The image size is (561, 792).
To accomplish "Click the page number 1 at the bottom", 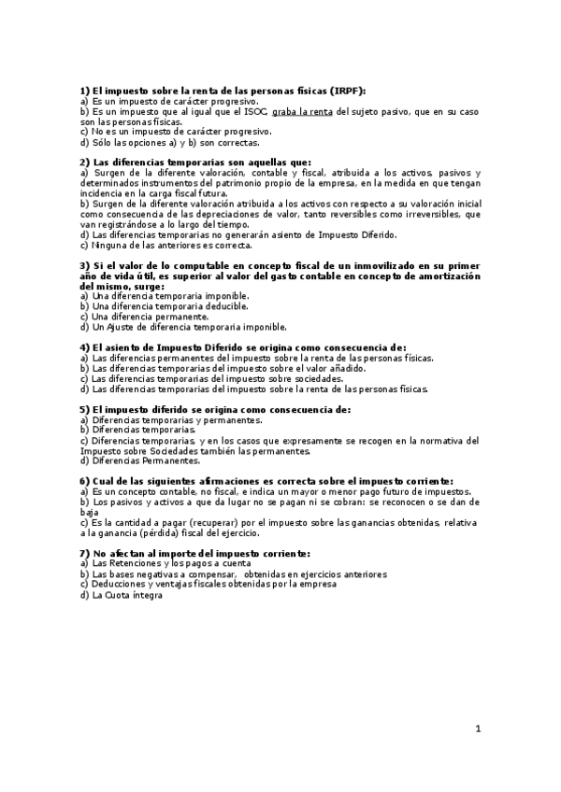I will click(x=477, y=728).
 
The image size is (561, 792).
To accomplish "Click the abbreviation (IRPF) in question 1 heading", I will click(x=346, y=91).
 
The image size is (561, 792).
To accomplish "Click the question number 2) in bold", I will click(x=85, y=163).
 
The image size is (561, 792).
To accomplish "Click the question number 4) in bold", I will click(x=85, y=346).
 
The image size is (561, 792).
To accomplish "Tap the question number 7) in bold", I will click(x=85, y=554).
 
